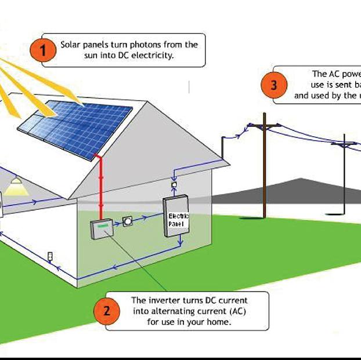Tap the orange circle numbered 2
[106, 311]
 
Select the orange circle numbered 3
[273, 85]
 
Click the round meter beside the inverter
[128, 222]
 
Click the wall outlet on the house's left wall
[50, 256]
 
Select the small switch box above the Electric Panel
[174, 185]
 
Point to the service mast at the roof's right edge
[222, 147]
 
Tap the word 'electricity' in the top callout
[154, 56]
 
